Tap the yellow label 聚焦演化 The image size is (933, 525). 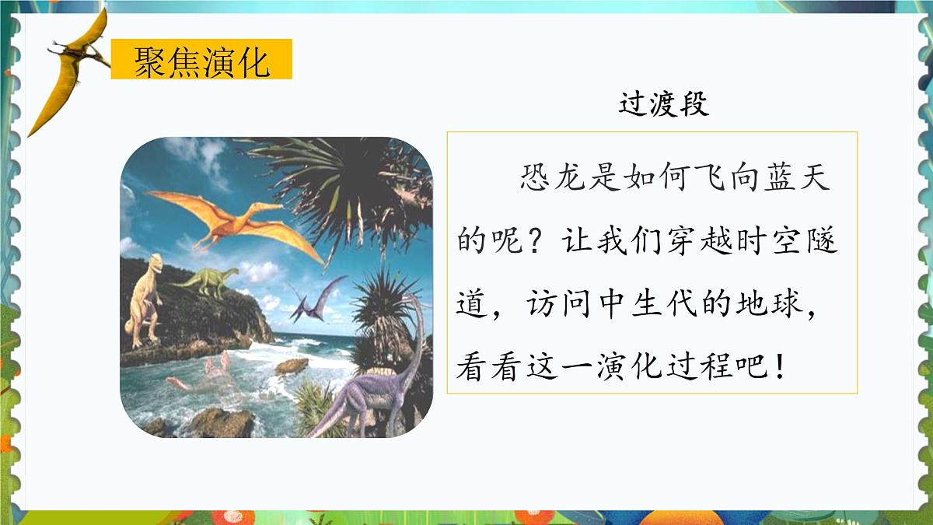[201, 61]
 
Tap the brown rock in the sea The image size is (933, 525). [292, 365]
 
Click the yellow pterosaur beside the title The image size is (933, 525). [74, 70]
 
